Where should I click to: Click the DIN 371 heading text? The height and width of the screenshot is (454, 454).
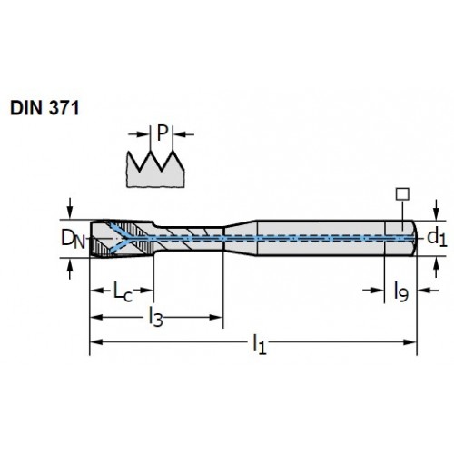pyautogui.click(x=44, y=108)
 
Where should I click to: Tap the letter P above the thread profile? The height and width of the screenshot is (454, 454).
pyautogui.click(x=163, y=133)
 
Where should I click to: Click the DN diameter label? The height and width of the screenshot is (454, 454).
pyautogui.click(x=73, y=239)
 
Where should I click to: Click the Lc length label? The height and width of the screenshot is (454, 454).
pyautogui.click(x=123, y=291)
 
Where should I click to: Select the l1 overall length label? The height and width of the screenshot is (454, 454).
pyautogui.click(x=260, y=344)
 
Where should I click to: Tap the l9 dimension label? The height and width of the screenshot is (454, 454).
pyautogui.click(x=401, y=291)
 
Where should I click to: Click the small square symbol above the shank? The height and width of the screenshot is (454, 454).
pyautogui.click(x=402, y=194)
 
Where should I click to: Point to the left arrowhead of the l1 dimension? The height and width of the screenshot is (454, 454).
pyautogui.click(x=95, y=342)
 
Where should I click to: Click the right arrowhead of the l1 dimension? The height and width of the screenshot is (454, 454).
pyautogui.click(x=410, y=342)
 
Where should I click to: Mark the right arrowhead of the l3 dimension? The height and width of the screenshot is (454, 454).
pyautogui.click(x=217, y=318)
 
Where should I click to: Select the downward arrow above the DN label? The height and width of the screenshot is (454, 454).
pyautogui.click(x=70, y=208)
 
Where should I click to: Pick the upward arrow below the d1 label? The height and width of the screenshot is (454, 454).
pyautogui.click(x=436, y=267)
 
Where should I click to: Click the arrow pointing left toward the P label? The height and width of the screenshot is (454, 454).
pyautogui.click(x=183, y=134)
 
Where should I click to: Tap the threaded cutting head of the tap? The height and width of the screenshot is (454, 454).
pyautogui.click(x=122, y=239)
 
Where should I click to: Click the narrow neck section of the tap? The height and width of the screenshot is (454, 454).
pyautogui.click(x=189, y=239)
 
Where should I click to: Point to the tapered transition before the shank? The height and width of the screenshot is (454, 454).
pyautogui.click(x=241, y=238)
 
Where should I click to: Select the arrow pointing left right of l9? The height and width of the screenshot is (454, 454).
pyautogui.click(x=428, y=291)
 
